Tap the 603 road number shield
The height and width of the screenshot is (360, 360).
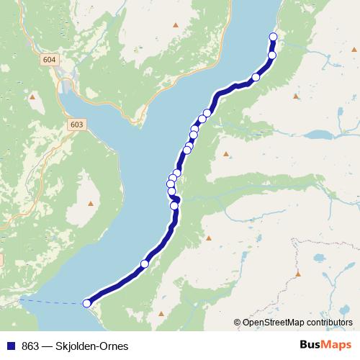click(77, 125)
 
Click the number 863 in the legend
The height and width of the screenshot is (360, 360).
click(30, 346)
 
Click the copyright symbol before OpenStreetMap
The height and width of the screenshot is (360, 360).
click(238, 322)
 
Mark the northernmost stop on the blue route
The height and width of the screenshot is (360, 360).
click(273, 37)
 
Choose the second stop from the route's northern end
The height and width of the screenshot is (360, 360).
click(272, 55)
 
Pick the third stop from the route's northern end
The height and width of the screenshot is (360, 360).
click(256, 78)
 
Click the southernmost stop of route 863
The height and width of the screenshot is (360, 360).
click(87, 303)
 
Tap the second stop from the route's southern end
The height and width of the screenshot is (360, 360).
click(144, 264)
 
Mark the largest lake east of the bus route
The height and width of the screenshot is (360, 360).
click(317, 135)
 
